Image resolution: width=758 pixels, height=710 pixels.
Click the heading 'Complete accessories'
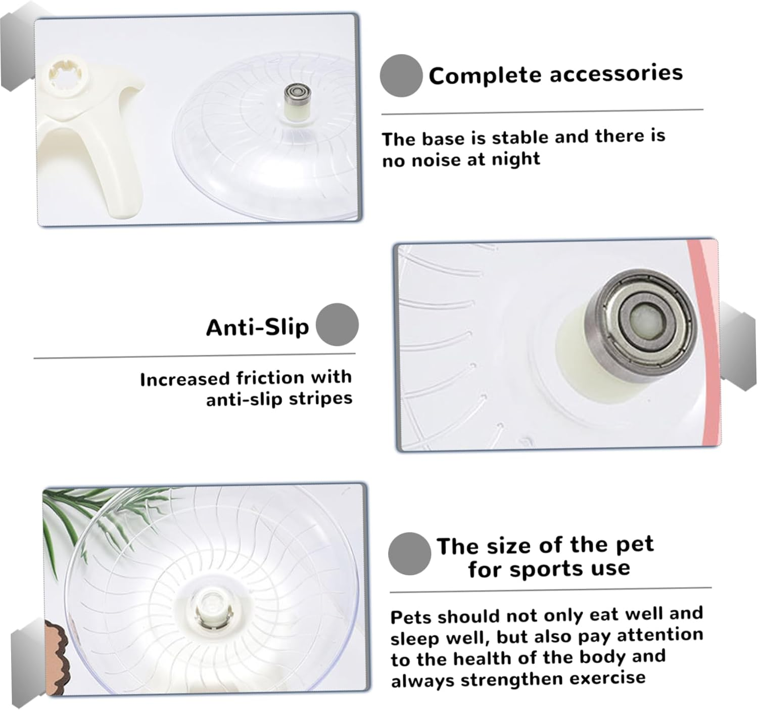(x=555, y=75)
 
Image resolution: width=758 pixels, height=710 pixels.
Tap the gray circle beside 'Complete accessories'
(x=401, y=75)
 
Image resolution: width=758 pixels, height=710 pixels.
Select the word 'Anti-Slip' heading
(x=257, y=328)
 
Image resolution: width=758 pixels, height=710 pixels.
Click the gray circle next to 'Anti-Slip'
(x=337, y=325)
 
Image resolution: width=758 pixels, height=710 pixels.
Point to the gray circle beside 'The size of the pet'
(x=409, y=554)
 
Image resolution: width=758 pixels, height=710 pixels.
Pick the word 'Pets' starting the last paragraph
(x=411, y=617)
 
